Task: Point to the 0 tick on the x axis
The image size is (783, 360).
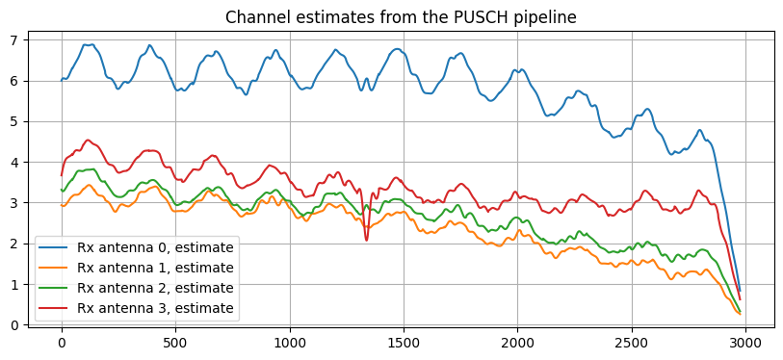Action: coord(62,341)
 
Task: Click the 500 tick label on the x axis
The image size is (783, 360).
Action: coord(175,341)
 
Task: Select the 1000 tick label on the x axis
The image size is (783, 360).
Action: coord(290,341)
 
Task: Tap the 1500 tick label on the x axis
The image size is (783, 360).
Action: coord(404,341)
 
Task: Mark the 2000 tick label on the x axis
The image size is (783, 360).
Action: coord(518,341)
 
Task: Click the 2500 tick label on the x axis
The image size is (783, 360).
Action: coord(632,341)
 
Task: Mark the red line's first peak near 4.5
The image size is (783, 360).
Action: coord(88,141)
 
